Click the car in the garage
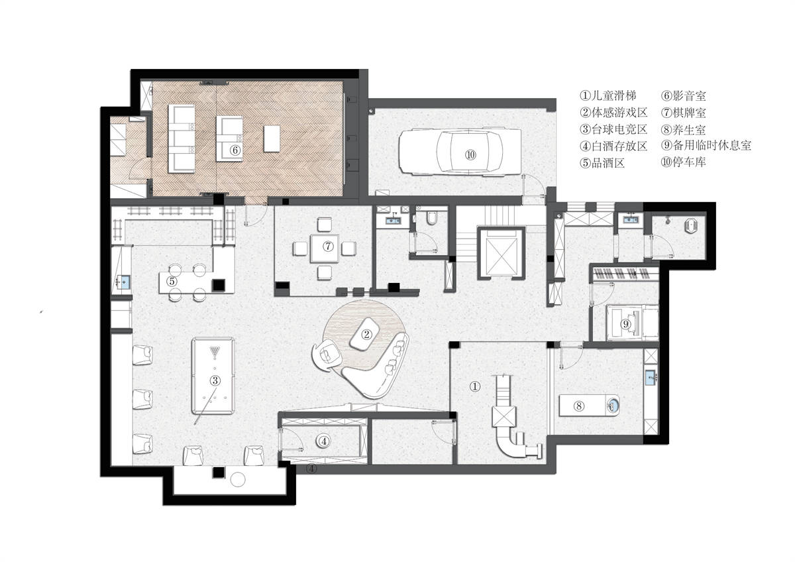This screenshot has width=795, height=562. pos(460,152)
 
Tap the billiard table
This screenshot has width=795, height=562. pos(213,376)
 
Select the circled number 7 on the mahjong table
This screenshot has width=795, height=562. pos(328,246)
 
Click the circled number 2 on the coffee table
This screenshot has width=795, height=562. pos(366,334)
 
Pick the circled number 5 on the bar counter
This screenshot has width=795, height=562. pos(172,282)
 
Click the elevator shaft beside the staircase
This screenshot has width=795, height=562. pos(501,253)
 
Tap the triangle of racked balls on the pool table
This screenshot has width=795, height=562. pos(215,352)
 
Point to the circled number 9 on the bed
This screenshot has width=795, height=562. pos(625,324)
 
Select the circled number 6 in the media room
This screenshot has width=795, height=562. pos(235,150)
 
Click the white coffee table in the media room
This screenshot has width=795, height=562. pos(272,139)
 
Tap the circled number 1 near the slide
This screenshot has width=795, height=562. pos(475,386)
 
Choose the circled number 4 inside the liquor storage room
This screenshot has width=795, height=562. pos(324,441)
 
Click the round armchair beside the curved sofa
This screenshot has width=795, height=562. pos(327,355)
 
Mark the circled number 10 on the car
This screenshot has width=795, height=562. pos(471,154)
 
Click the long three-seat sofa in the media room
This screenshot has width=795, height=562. pos(182,139)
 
